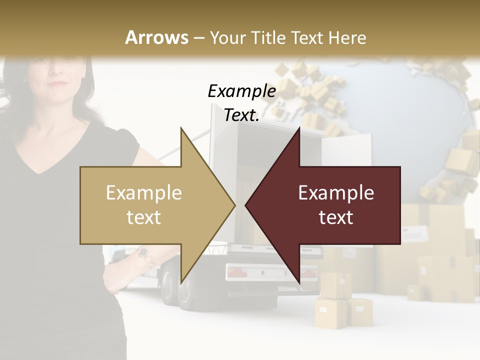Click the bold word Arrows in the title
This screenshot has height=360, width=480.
pyautogui.click(x=157, y=37)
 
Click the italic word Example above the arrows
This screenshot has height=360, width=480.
pyautogui.click(x=241, y=91)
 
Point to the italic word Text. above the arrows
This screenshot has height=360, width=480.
pyautogui.click(x=241, y=115)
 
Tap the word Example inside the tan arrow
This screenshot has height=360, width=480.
pyautogui.click(x=144, y=193)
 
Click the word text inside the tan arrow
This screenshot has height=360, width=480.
pyautogui.click(x=144, y=217)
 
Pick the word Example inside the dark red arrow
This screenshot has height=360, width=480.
pyautogui.click(x=336, y=193)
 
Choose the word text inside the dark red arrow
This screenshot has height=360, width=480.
pyautogui.click(x=336, y=217)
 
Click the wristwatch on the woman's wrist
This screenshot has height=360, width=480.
pyautogui.click(x=143, y=252)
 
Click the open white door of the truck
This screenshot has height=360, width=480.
pyautogui.click(x=346, y=150)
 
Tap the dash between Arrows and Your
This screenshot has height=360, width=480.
pyautogui.click(x=198, y=38)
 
